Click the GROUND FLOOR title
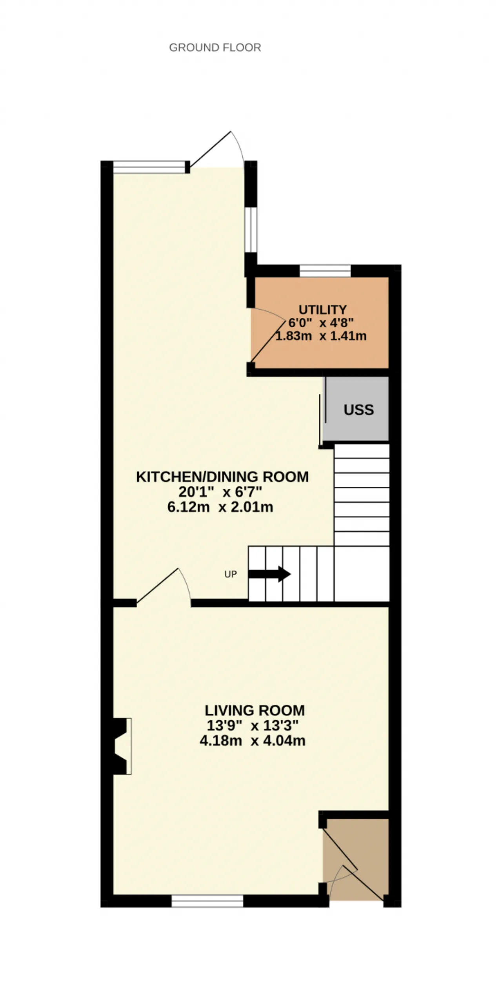point(215,47)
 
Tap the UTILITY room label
point(322,310)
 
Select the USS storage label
point(358,410)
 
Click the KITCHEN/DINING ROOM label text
point(222,477)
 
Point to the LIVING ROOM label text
point(255,710)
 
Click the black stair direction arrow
point(269,574)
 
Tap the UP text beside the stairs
point(230,574)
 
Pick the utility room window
point(325,271)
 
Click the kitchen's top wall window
point(149,167)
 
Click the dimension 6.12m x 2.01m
point(220,507)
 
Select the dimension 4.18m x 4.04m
point(253,741)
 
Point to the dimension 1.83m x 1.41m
point(321,336)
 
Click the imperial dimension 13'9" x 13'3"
point(253,726)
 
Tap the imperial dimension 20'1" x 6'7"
point(220,492)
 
